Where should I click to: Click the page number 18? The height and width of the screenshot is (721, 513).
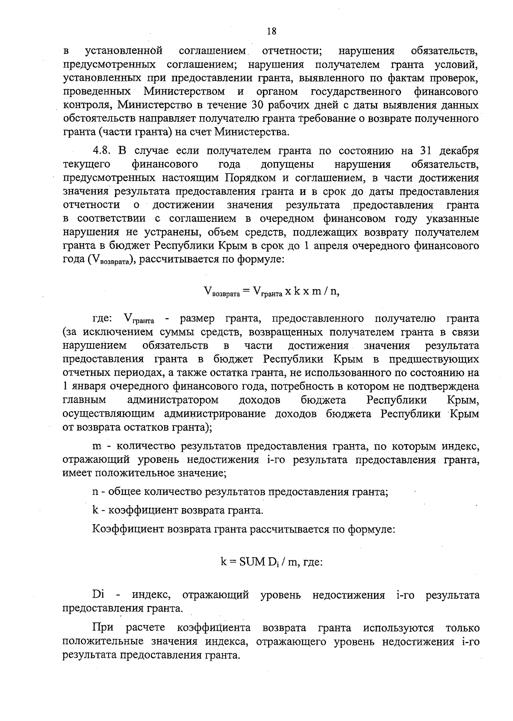tap(271, 31)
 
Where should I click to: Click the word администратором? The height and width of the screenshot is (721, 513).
tap(173, 400)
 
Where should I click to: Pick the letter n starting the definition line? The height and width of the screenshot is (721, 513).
tap(95, 492)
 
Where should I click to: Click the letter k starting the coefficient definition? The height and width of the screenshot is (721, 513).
tap(95, 510)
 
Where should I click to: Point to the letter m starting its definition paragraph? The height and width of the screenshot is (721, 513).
tap(97, 447)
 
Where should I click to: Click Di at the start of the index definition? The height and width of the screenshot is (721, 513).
tap(99, 595)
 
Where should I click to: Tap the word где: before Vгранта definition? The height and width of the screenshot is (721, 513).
tap(103, 319)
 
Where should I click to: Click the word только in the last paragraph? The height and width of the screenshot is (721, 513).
tap(462, 628)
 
